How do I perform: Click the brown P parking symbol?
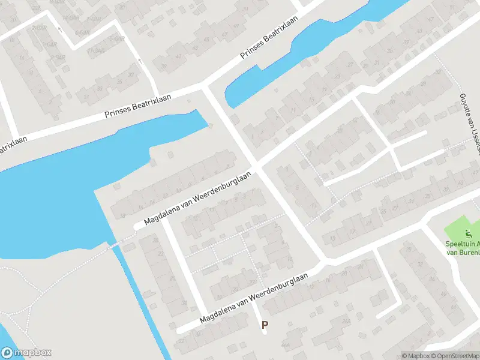(x=265, y=325)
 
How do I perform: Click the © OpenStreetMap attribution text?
(x=455, y=356)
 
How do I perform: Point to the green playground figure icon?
(x=468, y=233)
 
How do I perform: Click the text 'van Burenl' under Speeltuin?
(x=462, y=253)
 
